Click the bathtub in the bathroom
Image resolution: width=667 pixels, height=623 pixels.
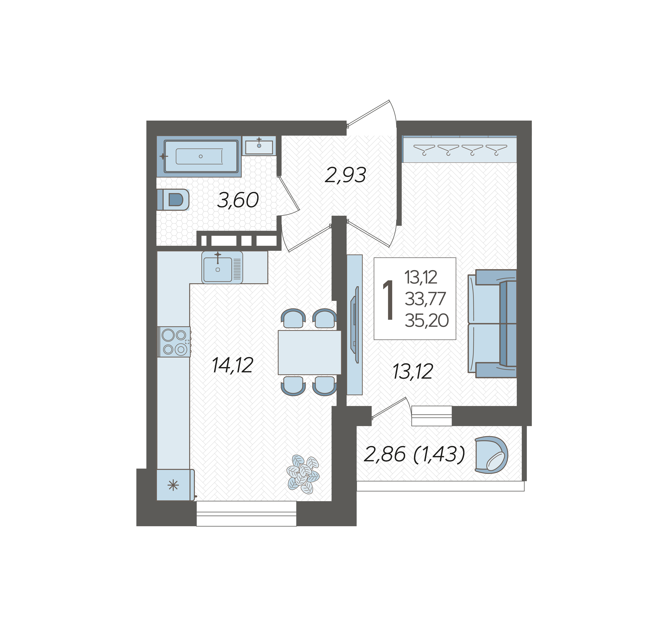click(x=201, y=156)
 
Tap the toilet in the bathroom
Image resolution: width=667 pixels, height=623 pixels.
click(x=173, y=200)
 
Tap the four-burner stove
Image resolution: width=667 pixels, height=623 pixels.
click(x=174, y=342)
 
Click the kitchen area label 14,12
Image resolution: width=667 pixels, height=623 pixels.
click(x=232, y=365)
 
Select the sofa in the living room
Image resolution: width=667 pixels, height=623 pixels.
click(x=492, y=324)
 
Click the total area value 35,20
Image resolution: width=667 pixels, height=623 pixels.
click(x=426, y=321)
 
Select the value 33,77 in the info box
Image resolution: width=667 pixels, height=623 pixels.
click(x=425, y=299)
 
